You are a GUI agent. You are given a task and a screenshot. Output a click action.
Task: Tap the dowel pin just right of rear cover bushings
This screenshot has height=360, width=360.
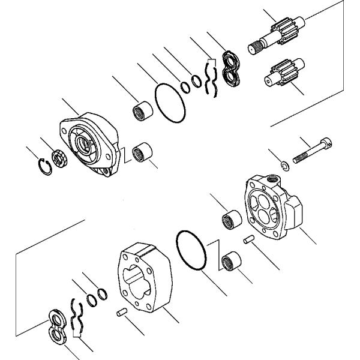(x=248, y=241)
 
